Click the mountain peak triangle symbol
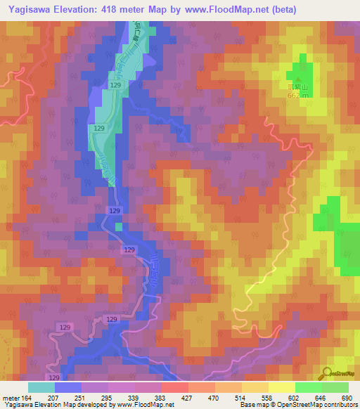coord(296,79)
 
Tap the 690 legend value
coord(347,398)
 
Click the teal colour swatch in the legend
coord(41,387)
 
